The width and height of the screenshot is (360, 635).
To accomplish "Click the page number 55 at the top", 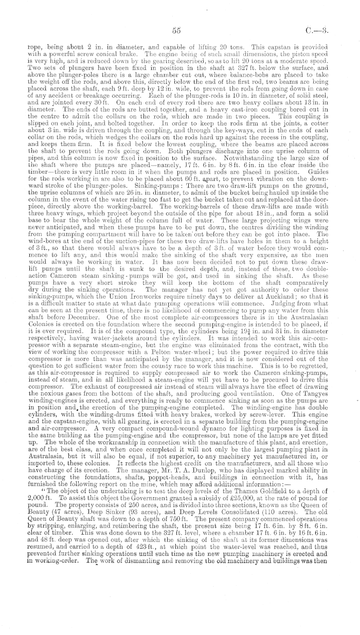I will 176,30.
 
